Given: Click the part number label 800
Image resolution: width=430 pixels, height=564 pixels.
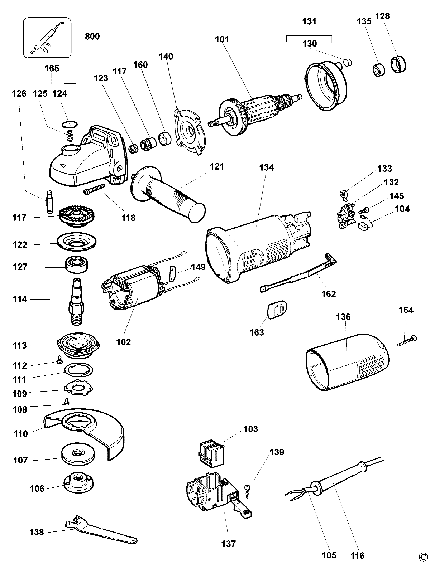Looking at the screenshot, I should (92, 37).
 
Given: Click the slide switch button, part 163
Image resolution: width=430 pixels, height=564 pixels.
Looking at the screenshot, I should (277, 308).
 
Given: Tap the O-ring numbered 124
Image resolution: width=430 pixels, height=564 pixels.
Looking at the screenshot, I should (70, 124).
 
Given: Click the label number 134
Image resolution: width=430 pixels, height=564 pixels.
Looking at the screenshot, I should (266, 167).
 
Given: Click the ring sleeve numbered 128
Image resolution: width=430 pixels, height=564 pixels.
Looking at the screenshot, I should (399, 64).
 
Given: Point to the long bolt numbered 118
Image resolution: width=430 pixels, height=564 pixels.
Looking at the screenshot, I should (94, 189).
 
